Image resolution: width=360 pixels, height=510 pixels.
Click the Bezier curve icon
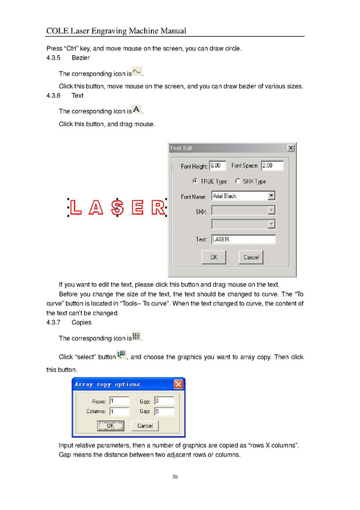point(137,72)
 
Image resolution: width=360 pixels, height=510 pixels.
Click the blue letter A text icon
point(136,109)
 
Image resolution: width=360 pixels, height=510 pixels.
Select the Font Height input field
point(218,165)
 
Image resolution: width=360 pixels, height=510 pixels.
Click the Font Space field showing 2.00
point(272,165)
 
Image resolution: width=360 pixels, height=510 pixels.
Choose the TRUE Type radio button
point(195,181)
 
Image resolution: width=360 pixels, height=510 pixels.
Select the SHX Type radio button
point(238,181)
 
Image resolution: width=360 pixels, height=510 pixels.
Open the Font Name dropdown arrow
point(271,196)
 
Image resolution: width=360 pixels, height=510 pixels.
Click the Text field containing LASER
point(243,239)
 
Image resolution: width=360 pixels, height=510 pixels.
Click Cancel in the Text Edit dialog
point(251,257)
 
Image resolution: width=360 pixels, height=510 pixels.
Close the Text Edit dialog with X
point(291,148)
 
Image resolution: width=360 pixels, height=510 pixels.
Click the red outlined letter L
point(75,207)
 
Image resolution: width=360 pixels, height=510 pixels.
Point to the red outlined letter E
point(138,207)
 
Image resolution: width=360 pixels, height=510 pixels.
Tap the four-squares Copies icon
point(136,336)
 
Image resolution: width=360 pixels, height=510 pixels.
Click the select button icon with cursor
point(121,354)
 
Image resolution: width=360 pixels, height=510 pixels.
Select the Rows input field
point(119,401)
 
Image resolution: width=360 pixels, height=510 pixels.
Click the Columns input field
point(119,411)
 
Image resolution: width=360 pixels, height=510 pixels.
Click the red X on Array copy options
point(178,384)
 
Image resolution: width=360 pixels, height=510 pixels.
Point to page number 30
point(175,477)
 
